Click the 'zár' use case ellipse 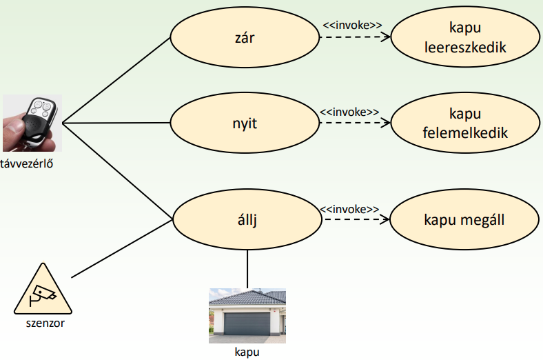pos(245,38)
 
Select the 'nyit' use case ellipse pos(245,124)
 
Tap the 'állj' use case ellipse pos(247,219)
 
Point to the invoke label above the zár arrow pos(352,25)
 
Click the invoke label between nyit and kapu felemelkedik pos(349,111)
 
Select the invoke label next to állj pos(349,208)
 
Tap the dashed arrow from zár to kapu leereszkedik pos(354,38)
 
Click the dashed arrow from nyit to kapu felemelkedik pos(354,124)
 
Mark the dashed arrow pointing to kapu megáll pos(354,220)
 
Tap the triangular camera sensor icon pos(43,291)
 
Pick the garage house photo pos(247,316)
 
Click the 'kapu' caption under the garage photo pos(247,351)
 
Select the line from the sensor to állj pos(121,250)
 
